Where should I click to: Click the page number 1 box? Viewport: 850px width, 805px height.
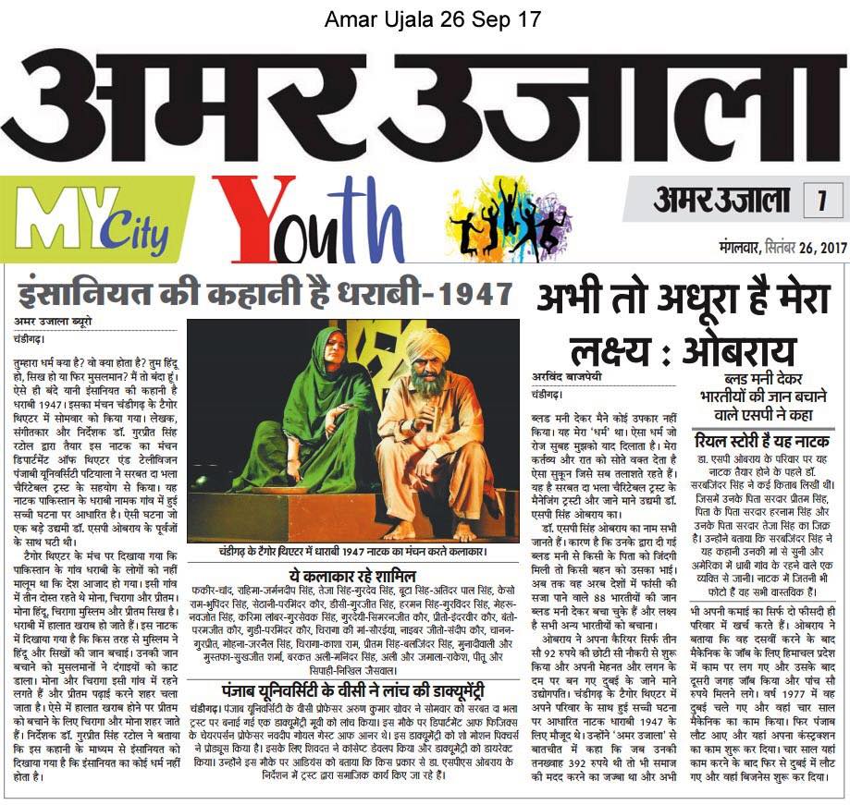coord(819,201)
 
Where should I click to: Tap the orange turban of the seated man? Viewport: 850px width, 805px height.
coord(427,345)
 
